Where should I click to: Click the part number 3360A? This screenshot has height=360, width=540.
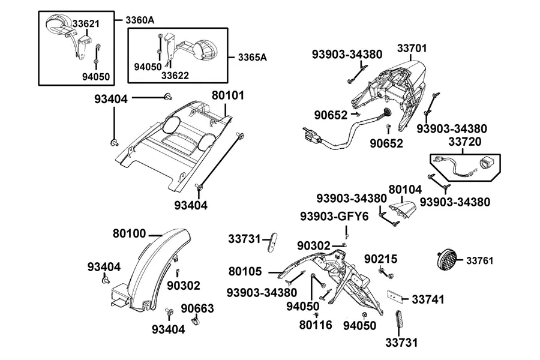pos(139,20)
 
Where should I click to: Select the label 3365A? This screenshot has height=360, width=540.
pos(252,57)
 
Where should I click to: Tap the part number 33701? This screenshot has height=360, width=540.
pos(412,48)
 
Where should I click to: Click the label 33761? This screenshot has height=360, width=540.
pos(480,261)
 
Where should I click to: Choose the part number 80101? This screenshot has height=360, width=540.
pos(227,95)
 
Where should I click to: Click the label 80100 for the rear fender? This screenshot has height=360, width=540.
pos(130,233)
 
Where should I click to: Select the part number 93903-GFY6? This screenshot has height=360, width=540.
pos(334,217)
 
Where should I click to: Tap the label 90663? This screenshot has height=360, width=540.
pos(197,308)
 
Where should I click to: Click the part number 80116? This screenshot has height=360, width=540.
pos(316,325)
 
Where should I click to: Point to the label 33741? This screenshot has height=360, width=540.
pos(428,299)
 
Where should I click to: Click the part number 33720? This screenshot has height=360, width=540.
pos(465,142)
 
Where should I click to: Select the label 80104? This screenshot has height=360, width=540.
pos(405,190)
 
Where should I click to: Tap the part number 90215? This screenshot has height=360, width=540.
pos(381,259)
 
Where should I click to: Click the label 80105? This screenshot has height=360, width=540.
pos(245,271)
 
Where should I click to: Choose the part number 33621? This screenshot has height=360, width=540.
pos(86,24)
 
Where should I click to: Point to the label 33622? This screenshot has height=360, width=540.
pos(175,75)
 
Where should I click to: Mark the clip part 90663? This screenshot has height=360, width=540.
pos(196,322)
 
